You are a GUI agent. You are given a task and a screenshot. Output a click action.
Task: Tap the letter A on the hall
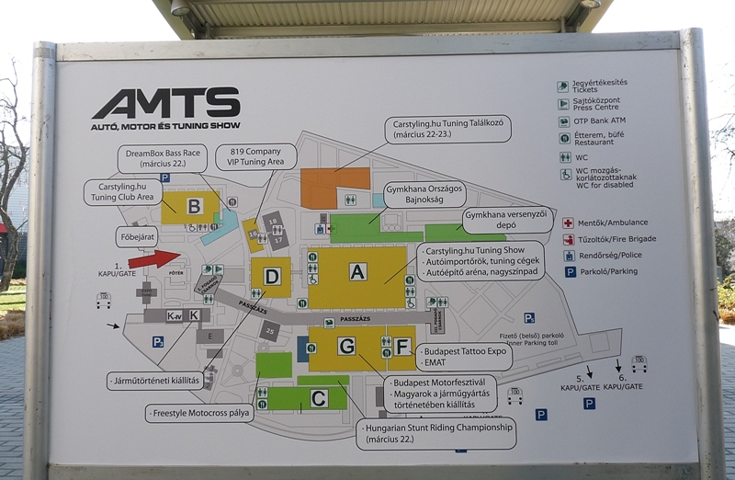click(x=357, y=272)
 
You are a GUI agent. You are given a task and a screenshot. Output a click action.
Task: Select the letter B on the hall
click(x=194, y=207)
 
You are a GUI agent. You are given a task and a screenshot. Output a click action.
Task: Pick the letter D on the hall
click(x=271, y=277)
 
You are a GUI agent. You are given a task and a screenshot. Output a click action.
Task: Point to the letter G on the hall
click(x=346, y=347)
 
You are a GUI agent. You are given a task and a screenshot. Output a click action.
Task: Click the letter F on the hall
click(x=402, y=347)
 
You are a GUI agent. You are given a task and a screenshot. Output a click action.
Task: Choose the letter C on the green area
click(x=318, y=399)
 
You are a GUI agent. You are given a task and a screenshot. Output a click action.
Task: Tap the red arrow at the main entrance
click(x=154, y=259)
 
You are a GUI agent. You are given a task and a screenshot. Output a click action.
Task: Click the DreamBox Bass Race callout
click(x=162, y=158)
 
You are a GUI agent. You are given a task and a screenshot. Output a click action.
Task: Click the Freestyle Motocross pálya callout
click(x=199, y=413)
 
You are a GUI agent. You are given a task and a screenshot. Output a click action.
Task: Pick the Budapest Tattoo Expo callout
click(x=464, y=357)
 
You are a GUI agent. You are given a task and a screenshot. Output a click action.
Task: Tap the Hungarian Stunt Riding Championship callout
click(x=435, y=433)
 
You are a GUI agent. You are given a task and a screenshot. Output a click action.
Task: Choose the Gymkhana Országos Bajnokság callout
click(x=424, y=194)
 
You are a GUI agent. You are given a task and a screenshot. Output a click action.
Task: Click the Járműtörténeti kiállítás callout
click(x=154, y=380)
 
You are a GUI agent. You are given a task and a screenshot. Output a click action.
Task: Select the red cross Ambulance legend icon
click(x=569, y=223)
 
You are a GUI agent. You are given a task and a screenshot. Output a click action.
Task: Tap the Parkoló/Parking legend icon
click(x=570, y=272)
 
